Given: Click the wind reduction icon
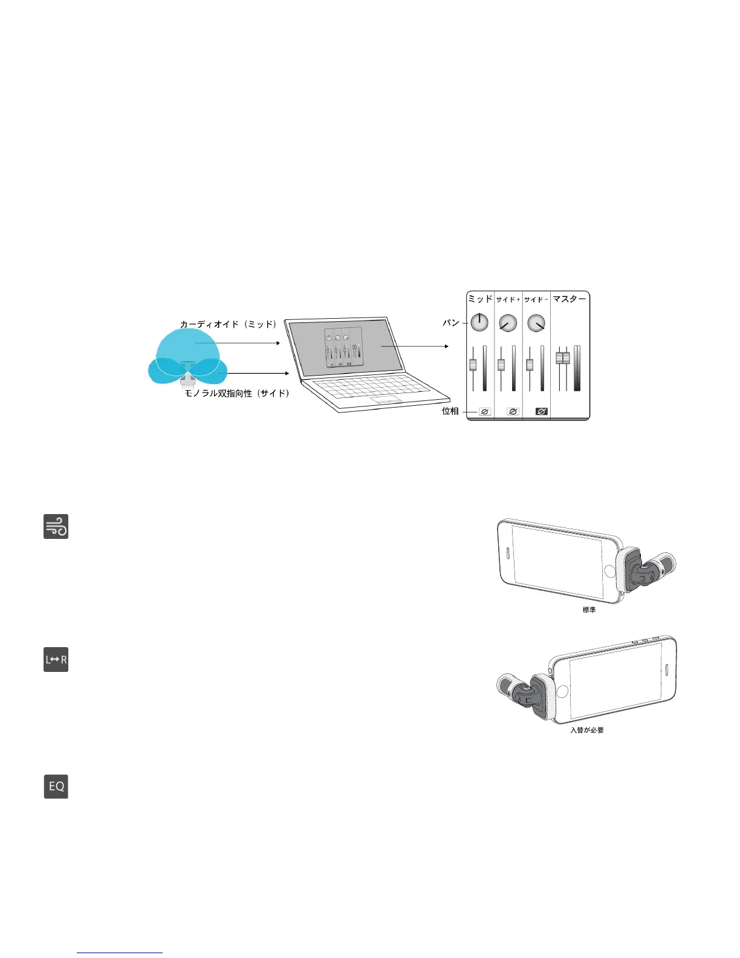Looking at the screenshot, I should (56, 526).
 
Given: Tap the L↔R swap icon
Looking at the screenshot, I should (56, 659).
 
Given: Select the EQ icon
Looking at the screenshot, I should (56, 786).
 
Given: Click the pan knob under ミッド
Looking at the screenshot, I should (479, 322).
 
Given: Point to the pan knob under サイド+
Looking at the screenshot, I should (508, 323).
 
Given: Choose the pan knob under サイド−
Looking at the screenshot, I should (536, 323).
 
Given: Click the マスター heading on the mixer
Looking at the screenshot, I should (570, 299).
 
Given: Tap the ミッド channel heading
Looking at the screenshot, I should (480, 299).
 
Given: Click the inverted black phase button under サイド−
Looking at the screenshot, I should (541, 411).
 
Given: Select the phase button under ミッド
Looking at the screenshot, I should (484, 411).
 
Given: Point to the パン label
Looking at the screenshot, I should (451, 323).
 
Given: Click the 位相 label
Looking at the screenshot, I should (450, 411).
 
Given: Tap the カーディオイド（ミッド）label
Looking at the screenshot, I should (229, 324).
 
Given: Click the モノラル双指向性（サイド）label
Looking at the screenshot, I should (237, 394).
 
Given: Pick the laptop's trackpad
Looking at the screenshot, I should (387, 400).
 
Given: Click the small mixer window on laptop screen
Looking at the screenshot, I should (343, 348).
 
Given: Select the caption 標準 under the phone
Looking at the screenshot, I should (589, 610).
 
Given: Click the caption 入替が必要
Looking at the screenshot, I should (587, 730).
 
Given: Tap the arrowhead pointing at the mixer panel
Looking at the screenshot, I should (446, 347).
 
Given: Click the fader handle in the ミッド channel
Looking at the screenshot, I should (473, 365).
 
